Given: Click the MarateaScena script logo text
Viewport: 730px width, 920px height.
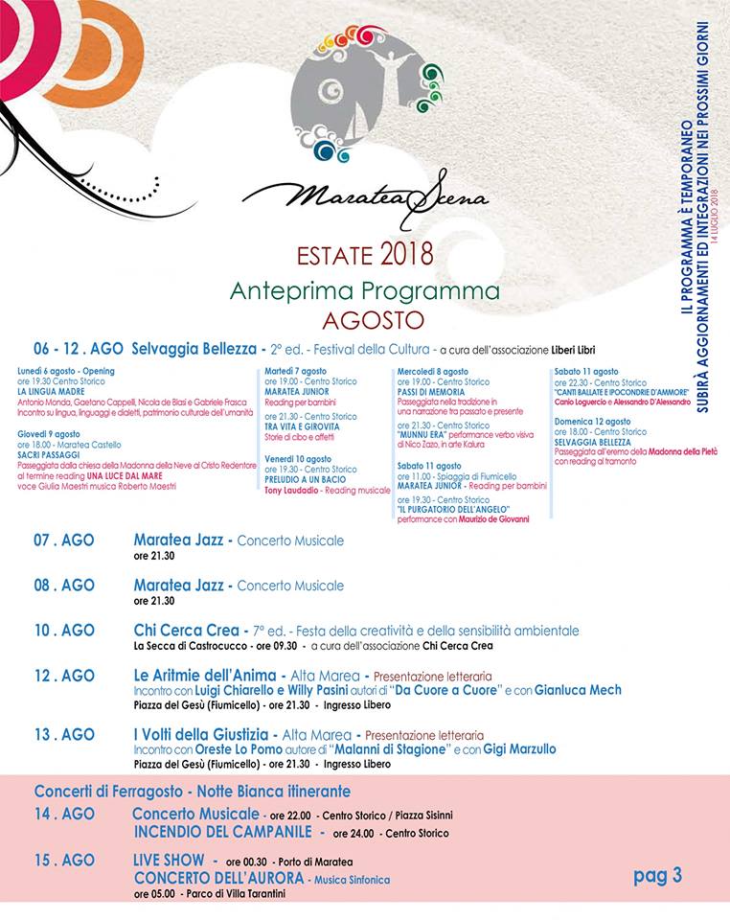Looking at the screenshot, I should pyautogui.click(x=365, y=195).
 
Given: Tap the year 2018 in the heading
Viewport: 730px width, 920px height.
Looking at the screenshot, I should pyautogui.click(x=406, y=255).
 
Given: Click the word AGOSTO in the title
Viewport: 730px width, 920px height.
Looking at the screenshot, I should pyautogui.click(x=364, y=316).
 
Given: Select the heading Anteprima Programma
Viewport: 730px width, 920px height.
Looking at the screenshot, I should pyautogui.click(x=364, y=289).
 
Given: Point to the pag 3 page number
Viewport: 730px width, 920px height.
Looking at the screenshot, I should pyautogui.click(x=657, y=874).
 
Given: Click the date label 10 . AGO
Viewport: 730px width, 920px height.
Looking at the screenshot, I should pyautogui.click(x=64, y=631).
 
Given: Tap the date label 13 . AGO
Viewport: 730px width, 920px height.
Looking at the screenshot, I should pyautogui.click(x=64, y=734).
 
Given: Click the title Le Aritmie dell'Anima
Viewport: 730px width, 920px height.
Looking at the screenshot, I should pyautogui.click(x=203, y=676).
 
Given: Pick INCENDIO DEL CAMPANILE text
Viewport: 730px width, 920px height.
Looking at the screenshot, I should pyautogui.click(x=223, y=832).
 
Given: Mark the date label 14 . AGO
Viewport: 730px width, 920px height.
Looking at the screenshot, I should pyautogui.click(x=64, y=814).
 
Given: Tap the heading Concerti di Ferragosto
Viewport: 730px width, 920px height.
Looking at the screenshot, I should pyautogui.click(x=192, y=792).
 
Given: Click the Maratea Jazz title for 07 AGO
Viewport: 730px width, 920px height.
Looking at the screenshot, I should pyautogui.click(x=178, y=540).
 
